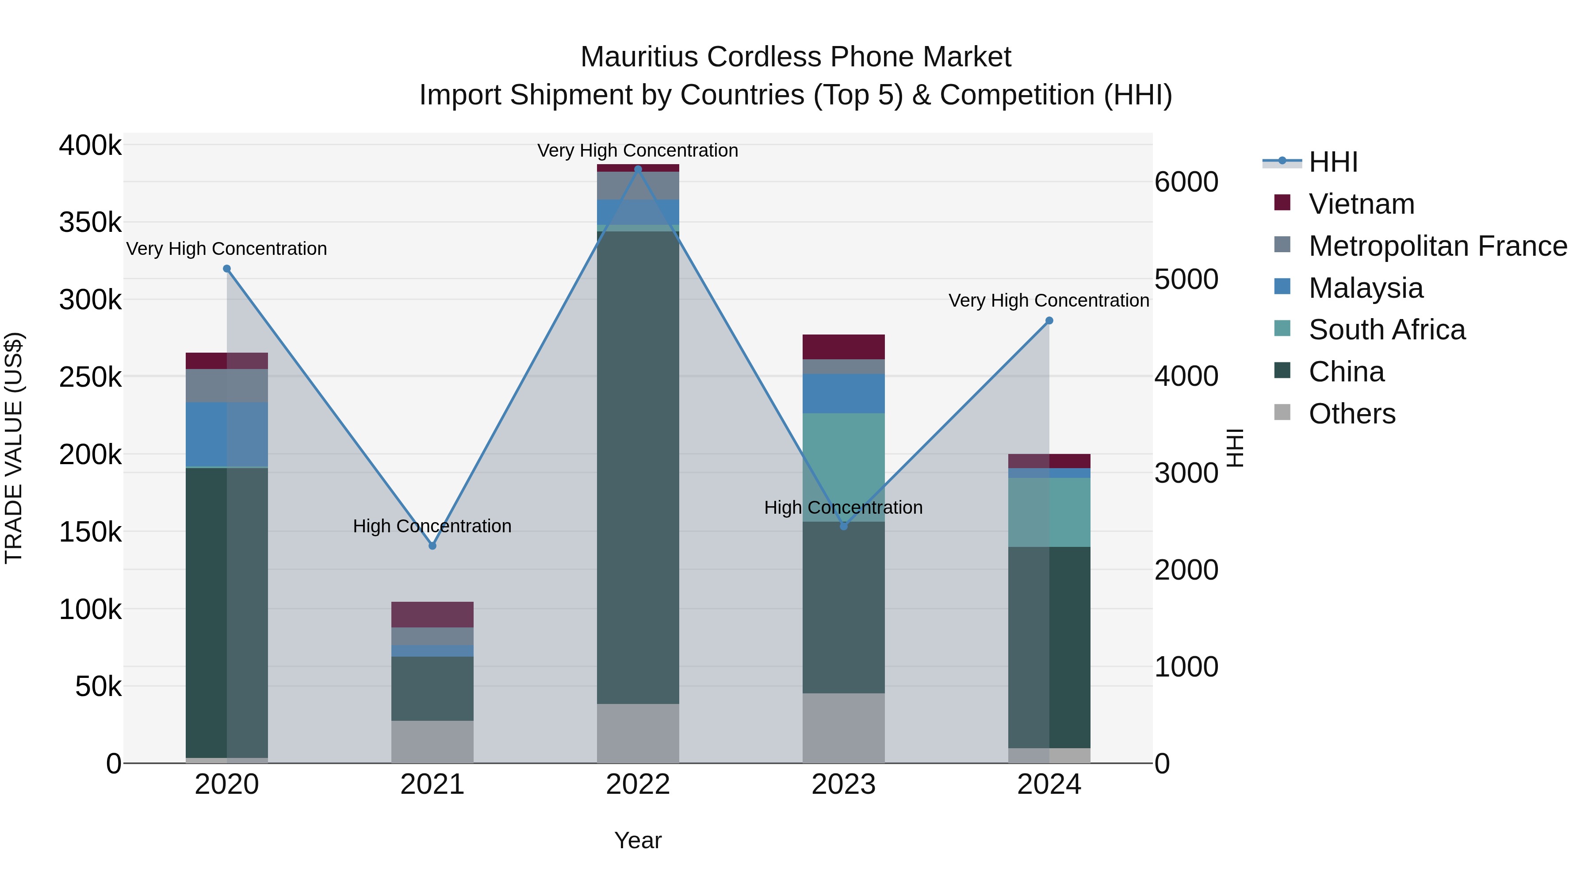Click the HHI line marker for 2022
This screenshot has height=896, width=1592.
pos(638,169)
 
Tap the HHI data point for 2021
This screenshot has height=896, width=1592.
pos(432,546)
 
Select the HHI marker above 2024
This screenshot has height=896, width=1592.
pos(1049,321)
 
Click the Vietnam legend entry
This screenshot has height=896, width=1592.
pos(1362,204)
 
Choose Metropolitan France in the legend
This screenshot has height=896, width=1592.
pos(1438,246)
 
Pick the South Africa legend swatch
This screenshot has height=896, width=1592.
pos(1282,328)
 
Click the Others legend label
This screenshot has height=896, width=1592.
pos(1352,414)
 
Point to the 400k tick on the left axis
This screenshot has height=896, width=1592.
pos(90,146)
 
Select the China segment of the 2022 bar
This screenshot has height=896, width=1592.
pos(638,467)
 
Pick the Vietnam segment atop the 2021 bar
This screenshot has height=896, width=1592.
pos(432,615)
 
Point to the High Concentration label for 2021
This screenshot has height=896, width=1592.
pos(432,526)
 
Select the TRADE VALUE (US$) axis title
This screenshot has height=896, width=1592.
pos(14,448)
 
